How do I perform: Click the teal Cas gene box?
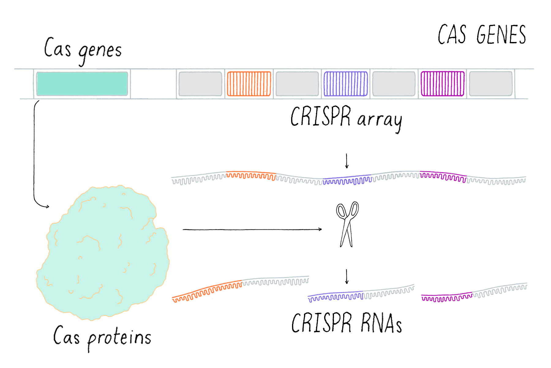point(82,84)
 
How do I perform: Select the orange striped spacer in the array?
point(249,84)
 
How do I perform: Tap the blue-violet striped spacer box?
point(346,84)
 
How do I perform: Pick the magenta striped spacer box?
point(442,84)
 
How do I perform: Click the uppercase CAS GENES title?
point(482,35)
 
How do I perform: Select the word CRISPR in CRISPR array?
point(320,116)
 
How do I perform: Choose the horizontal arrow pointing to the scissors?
point(252,229)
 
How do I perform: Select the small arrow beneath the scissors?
point(347,276)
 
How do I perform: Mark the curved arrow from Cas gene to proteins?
point(34,153)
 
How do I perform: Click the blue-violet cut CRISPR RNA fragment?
point(335,296)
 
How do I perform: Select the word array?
point(380,120)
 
